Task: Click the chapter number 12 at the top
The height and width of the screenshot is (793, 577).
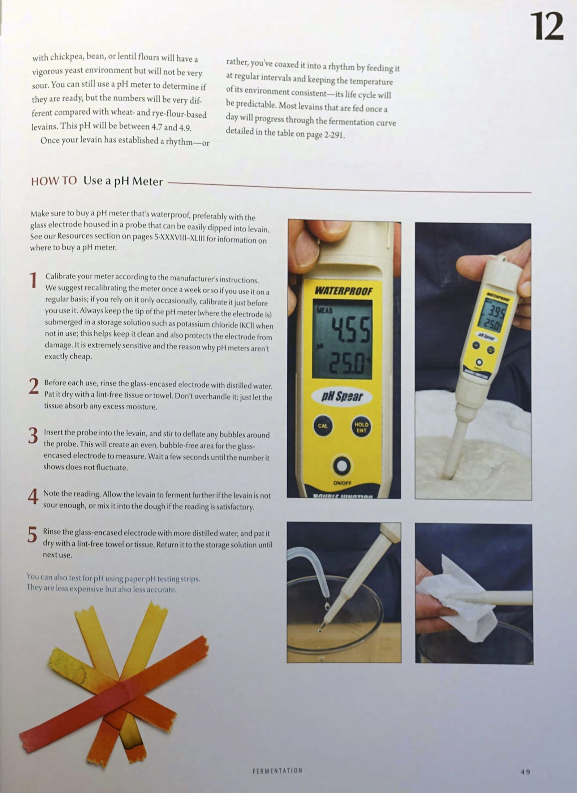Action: [x=547, y=26]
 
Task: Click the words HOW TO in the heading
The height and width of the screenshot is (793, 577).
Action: [x=54, y=181]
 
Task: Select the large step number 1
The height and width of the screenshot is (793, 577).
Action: [x=33, y=280]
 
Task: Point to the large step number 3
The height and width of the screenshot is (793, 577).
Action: [x=33, y=436]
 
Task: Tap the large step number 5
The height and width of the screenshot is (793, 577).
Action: [x=32, y=535]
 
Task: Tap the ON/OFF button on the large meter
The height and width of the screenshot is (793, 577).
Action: [x=342, y=466]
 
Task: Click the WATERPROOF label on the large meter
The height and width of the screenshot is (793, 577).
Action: [x=343, y=291]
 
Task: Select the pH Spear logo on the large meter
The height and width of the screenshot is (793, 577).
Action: [x=342, y=396]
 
